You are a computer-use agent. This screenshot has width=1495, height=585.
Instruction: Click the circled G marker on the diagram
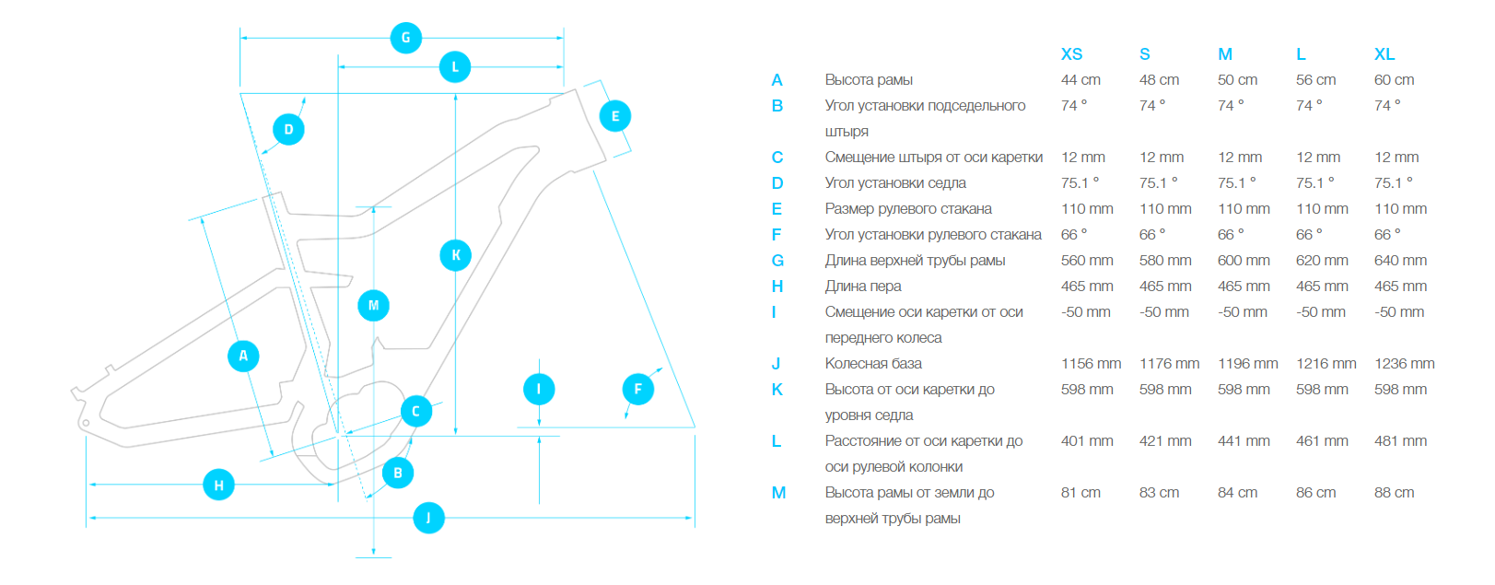406,38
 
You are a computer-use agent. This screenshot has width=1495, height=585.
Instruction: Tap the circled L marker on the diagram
455,67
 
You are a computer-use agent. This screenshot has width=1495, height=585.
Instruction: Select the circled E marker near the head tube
615,116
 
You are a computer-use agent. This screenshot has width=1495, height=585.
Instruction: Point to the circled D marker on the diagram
288,129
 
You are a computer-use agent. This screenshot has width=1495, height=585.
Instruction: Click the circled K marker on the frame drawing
456,255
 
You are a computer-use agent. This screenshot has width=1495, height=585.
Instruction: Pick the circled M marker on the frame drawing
373,305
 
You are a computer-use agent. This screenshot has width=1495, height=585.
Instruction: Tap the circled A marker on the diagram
243,356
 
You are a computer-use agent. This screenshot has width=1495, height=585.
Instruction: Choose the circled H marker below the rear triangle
218,485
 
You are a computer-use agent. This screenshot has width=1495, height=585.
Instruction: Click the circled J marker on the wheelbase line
428,518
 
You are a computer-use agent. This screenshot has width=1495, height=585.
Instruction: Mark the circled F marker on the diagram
638,389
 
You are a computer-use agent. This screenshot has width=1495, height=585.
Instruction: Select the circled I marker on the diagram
539,389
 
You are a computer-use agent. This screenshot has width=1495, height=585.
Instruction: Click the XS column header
1071,54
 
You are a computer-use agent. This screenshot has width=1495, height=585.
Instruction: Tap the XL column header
1384,54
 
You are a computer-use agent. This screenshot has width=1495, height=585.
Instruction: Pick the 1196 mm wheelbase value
1247,364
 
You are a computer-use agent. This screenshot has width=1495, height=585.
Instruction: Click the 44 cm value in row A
1080,80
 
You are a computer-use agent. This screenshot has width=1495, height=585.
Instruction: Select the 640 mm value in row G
1400,261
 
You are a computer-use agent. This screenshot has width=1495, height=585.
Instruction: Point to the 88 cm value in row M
1394,493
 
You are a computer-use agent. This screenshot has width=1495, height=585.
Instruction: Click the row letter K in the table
777,390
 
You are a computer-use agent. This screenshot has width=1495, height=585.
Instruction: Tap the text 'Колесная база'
873,364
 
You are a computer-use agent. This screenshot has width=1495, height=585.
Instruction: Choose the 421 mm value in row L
1165,441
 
